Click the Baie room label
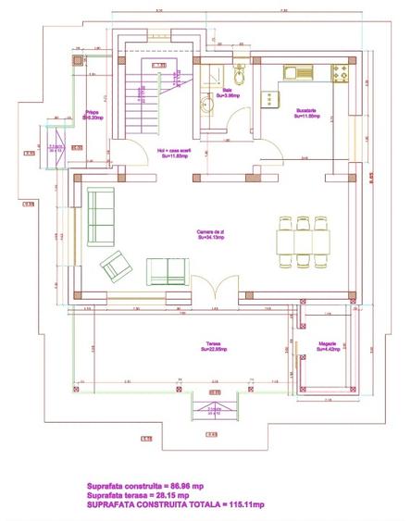pyautogui.click(x=227, y=91)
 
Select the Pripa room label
pyautogui.click(x=92, y=116)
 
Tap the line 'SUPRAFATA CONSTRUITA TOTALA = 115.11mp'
pyautogui.click(x=176, y=505)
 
